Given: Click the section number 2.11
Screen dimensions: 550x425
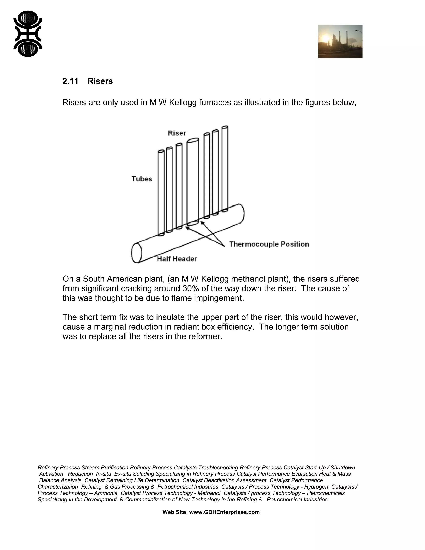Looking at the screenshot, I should (x=70, y=81).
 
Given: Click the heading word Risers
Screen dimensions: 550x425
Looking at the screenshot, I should (x=100, y=81).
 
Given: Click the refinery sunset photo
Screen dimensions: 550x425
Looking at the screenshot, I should (x=340, y=42).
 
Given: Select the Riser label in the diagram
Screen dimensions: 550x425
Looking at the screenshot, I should (x=177, y=133).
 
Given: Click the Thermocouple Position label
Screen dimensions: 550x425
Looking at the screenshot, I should (x=269, y=244).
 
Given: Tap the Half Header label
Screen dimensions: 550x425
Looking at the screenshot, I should (x=177, y=259).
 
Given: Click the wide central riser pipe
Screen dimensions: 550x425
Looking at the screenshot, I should (x=193, y=181).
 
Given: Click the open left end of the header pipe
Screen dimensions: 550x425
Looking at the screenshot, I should (x=137, y=253).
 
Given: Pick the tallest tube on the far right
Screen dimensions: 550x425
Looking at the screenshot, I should (x=225, y=169).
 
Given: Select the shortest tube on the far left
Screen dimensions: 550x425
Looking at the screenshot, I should (x=161, y=193).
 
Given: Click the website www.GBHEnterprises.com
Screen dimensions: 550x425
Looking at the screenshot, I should (x=224, y=512).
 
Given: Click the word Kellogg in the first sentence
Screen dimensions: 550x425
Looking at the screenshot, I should (x=183, y=103).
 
